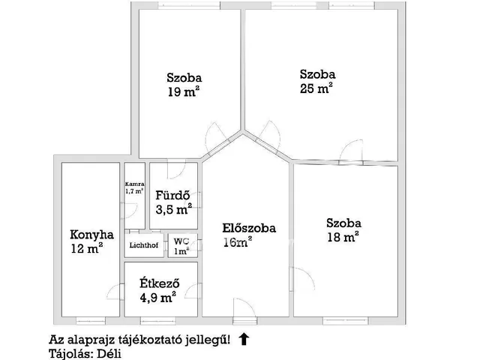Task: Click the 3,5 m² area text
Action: click(173, 209)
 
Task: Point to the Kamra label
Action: click(134, 184)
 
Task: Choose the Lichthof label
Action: click(143, 245)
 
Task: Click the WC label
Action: click(181, 241)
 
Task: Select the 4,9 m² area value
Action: click(158, 296)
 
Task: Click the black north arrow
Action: click(244, 339)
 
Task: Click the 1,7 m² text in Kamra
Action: click(134, 192)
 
